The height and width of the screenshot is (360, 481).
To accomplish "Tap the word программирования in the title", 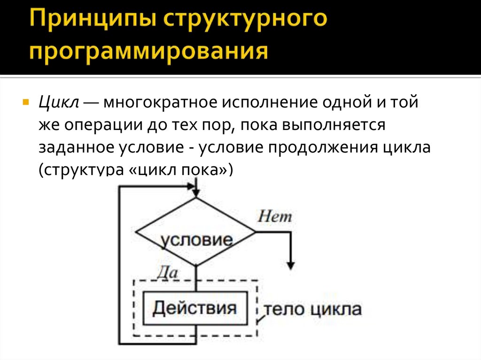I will tap(150, 51).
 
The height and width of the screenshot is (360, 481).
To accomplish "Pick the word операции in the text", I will tap(98, 125).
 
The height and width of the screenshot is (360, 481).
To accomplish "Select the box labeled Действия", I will tap(195, 308).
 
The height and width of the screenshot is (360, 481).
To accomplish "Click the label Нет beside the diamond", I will tap(275, 216).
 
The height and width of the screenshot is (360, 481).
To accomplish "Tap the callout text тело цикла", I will tap(312, 309).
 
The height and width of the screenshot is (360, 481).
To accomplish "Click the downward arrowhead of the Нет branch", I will tap(291, 264).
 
